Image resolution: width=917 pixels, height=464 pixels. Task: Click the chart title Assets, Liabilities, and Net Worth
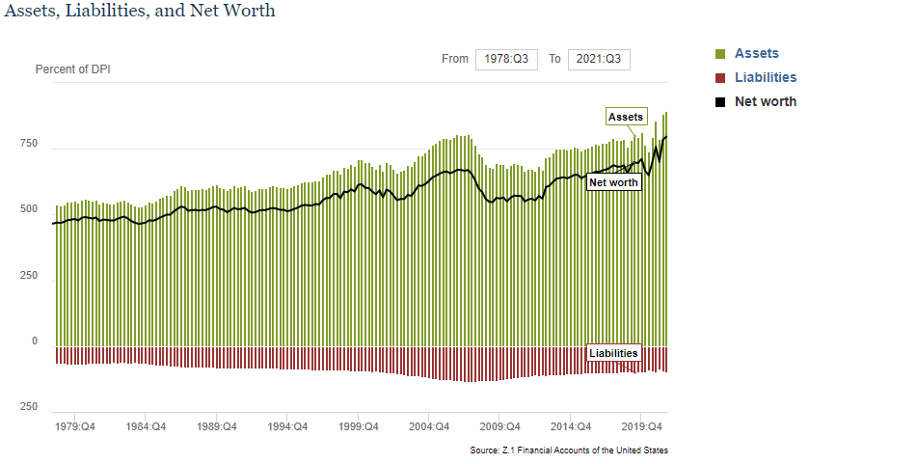pyautogui.click(x=141, y=12)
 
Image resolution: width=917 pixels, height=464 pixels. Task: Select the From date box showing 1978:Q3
pyautogui.click(x=506, y=59)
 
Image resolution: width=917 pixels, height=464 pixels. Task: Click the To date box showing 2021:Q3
pyautogui.click(x=599, y=59)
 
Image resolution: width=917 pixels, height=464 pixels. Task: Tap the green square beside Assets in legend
pyautogui.click(x=719, y=54)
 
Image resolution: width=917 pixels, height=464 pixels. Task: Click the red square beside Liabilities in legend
pyautogui.click(x=719, y=78)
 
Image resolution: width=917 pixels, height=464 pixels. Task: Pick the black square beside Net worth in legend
pyautogui.click(x=719, y=102)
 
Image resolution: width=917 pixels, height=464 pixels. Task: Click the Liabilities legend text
pyautogui.click(x=766, y=78)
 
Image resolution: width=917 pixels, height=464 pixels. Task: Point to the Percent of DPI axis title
pyautogui.click(x=73, y=69)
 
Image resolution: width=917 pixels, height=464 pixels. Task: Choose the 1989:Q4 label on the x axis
pyautogui.click(x=217, y=425)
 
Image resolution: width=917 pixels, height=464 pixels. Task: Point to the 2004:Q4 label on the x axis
pyautogui.click(x=429, y=425)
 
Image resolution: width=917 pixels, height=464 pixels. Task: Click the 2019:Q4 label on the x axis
pyautogui.click(x=641, y=425)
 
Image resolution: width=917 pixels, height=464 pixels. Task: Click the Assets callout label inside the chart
pyautogui.click(x=626, y=117)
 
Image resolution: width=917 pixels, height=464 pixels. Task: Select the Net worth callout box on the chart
pyautogui.click(x=614, y=182)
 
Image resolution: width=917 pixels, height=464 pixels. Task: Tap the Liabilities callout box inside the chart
pyautogui.click(x=613, y=353)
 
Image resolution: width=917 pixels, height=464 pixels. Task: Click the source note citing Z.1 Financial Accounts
pyautogui.click(x=569, y=450)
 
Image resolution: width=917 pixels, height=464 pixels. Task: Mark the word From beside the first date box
pyautogui.click(x=454, y=59)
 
